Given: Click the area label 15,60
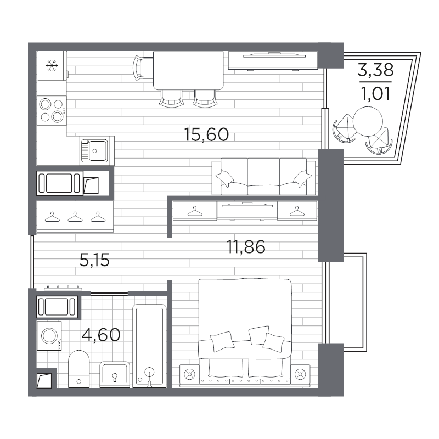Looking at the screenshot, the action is pos(207,134).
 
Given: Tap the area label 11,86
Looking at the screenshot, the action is pos(246,247).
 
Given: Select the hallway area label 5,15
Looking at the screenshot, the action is pos(94,260).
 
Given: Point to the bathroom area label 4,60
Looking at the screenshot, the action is pos(101,335).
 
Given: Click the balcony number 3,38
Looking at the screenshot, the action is pos(376,70).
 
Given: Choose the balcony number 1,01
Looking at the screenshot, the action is pos(376,93).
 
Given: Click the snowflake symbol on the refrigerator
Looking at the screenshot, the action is pos(52,65).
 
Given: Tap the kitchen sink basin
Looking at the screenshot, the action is pos(98,150).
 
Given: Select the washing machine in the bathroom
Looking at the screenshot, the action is pos(49,335).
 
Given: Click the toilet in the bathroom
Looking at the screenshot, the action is pos(78,369).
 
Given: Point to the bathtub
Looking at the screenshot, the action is pos(149,346).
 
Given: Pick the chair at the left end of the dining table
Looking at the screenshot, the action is pos(143,68).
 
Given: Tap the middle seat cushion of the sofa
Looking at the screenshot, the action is pos(263,176).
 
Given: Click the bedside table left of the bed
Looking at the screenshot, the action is pos(189,374).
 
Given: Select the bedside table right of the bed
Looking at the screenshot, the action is pos(300,374).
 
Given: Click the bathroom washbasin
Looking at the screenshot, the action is pos(115,374).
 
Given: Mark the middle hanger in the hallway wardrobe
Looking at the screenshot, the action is pos(75,217).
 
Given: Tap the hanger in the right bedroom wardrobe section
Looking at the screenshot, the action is pos(297,211).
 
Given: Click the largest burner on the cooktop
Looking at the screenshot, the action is pos(58,116).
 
